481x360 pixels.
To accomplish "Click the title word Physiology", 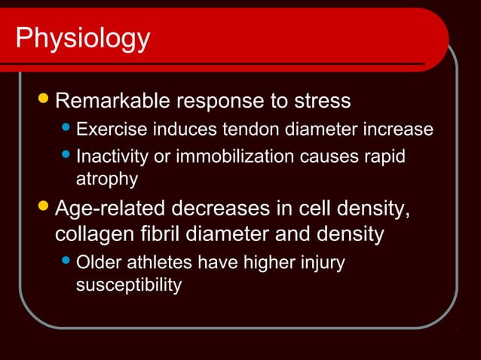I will pyautogui.click(x=83, y=38).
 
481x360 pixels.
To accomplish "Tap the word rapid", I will pyautogui.click(x=384, y=157).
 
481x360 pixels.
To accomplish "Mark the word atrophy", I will pyautogui.click(x=107, y=179).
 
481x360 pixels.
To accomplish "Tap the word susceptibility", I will pyautogui.click(x=129, y=285).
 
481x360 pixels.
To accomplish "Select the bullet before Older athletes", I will pyautogui.click(x=67, y=263).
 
